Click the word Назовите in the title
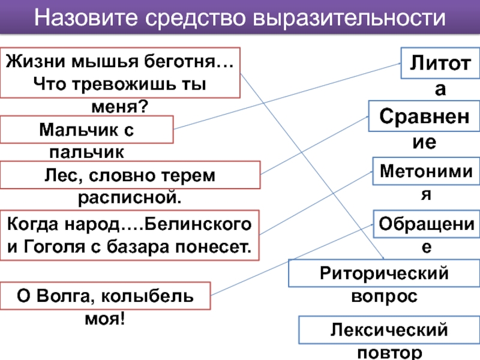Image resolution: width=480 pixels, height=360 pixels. click(86, 17)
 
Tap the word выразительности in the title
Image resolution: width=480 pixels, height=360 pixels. click(349, 18)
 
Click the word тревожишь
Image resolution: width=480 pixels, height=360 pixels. click(124, 84)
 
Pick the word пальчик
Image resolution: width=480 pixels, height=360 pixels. click(86, 152)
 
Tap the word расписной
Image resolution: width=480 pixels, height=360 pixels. click(130, 197)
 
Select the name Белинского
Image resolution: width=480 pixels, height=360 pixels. click(198, 224)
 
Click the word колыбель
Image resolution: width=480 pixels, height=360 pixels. click(147, 296)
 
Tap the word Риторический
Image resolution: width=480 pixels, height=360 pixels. click(384, 274)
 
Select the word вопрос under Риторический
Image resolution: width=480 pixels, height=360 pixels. click(384, 296)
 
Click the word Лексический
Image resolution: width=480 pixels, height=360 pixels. click(389, 330)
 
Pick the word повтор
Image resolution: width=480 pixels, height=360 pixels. click(389, 353)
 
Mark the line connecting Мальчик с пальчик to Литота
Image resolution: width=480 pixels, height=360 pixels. click(287, 96)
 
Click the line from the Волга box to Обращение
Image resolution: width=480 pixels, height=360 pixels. click(292, 260)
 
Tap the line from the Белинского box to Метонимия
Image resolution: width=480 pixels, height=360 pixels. click(316, 203)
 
